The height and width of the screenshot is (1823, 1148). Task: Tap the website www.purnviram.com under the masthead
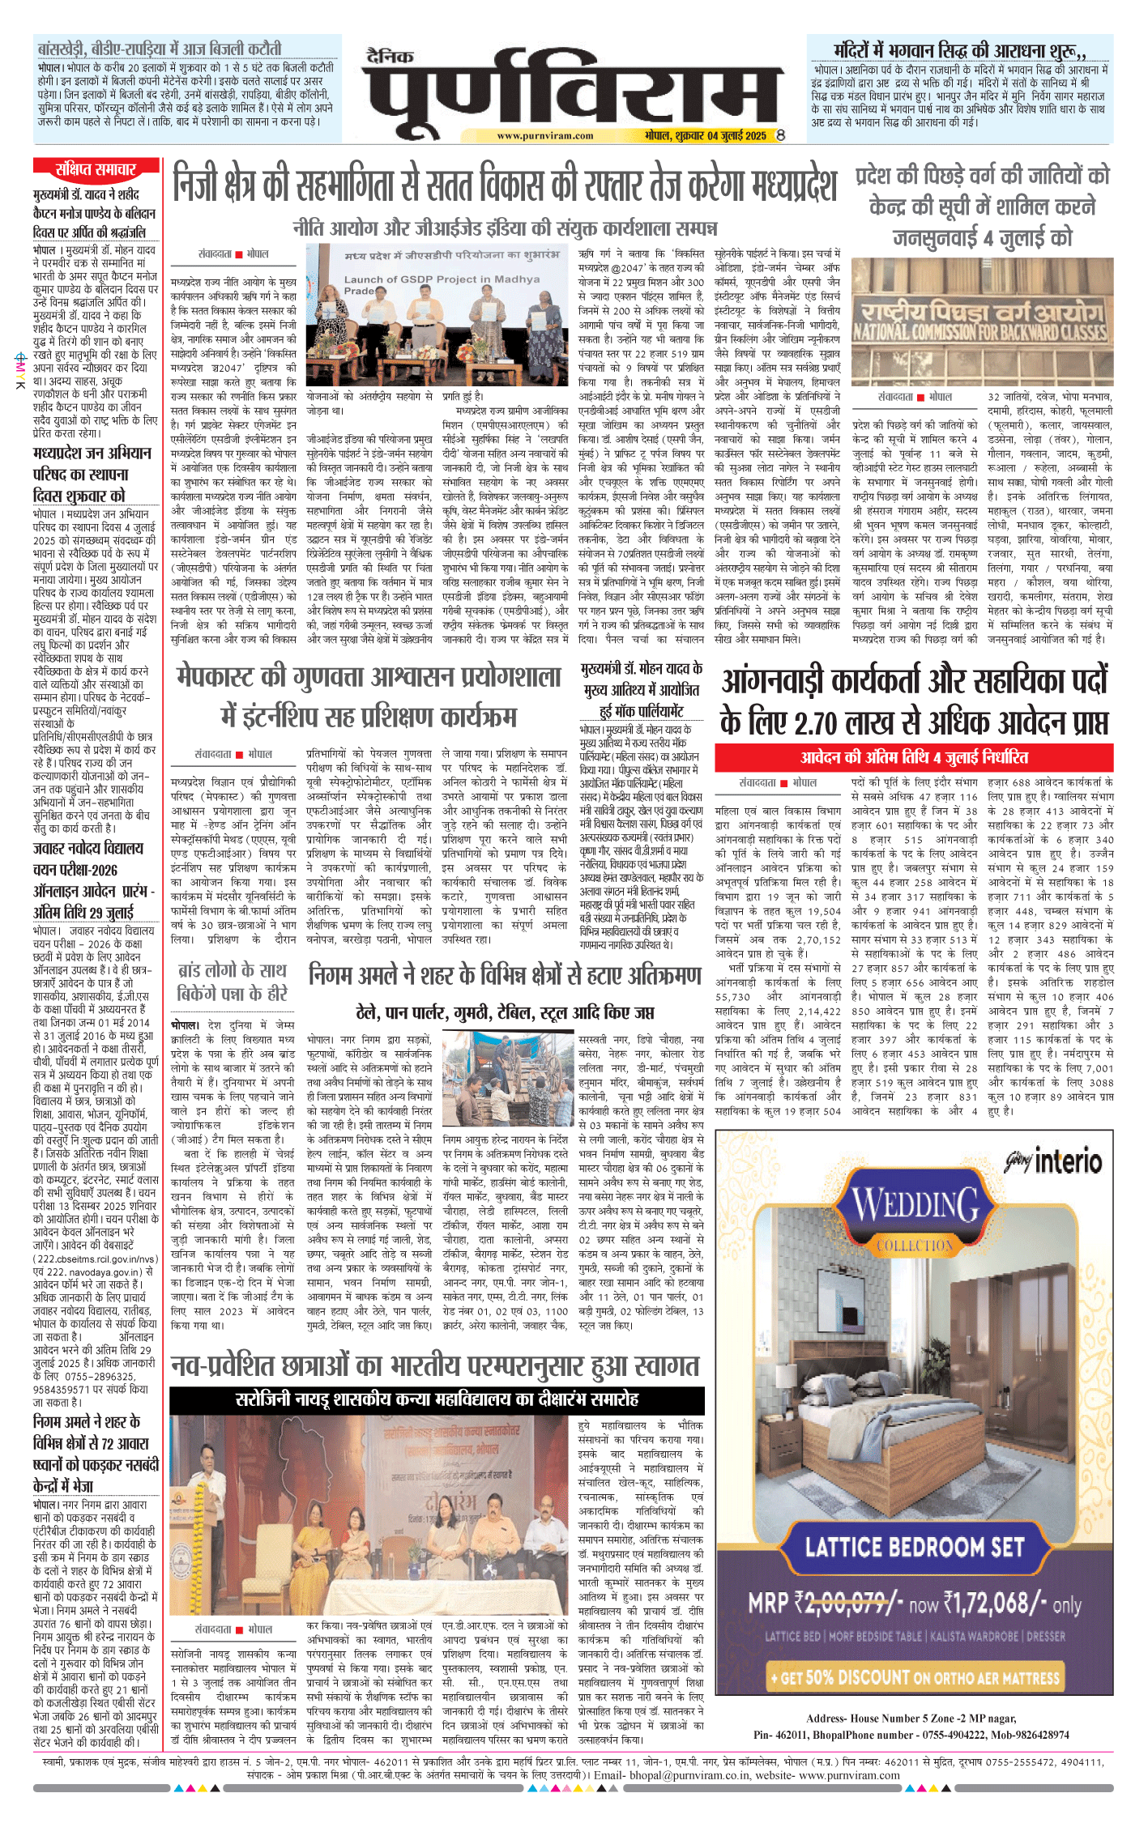click(x=544, y=136)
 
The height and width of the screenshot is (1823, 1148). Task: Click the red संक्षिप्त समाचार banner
click(x=96, y=169)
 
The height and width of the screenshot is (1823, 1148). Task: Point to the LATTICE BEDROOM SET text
click(x=915, y=1547)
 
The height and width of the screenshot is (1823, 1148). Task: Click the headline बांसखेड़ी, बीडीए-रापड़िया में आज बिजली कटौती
click(x=160, y=49)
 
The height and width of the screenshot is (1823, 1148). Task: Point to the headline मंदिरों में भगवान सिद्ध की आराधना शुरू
click(x=960, y=51)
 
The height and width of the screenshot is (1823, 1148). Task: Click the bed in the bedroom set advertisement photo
click(x=843, y=1425)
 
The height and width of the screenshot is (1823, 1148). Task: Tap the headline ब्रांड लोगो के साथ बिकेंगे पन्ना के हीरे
click(x=232, y=982)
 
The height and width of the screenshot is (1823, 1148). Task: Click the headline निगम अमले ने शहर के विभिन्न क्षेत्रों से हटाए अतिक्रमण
click(x=505, y=976)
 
